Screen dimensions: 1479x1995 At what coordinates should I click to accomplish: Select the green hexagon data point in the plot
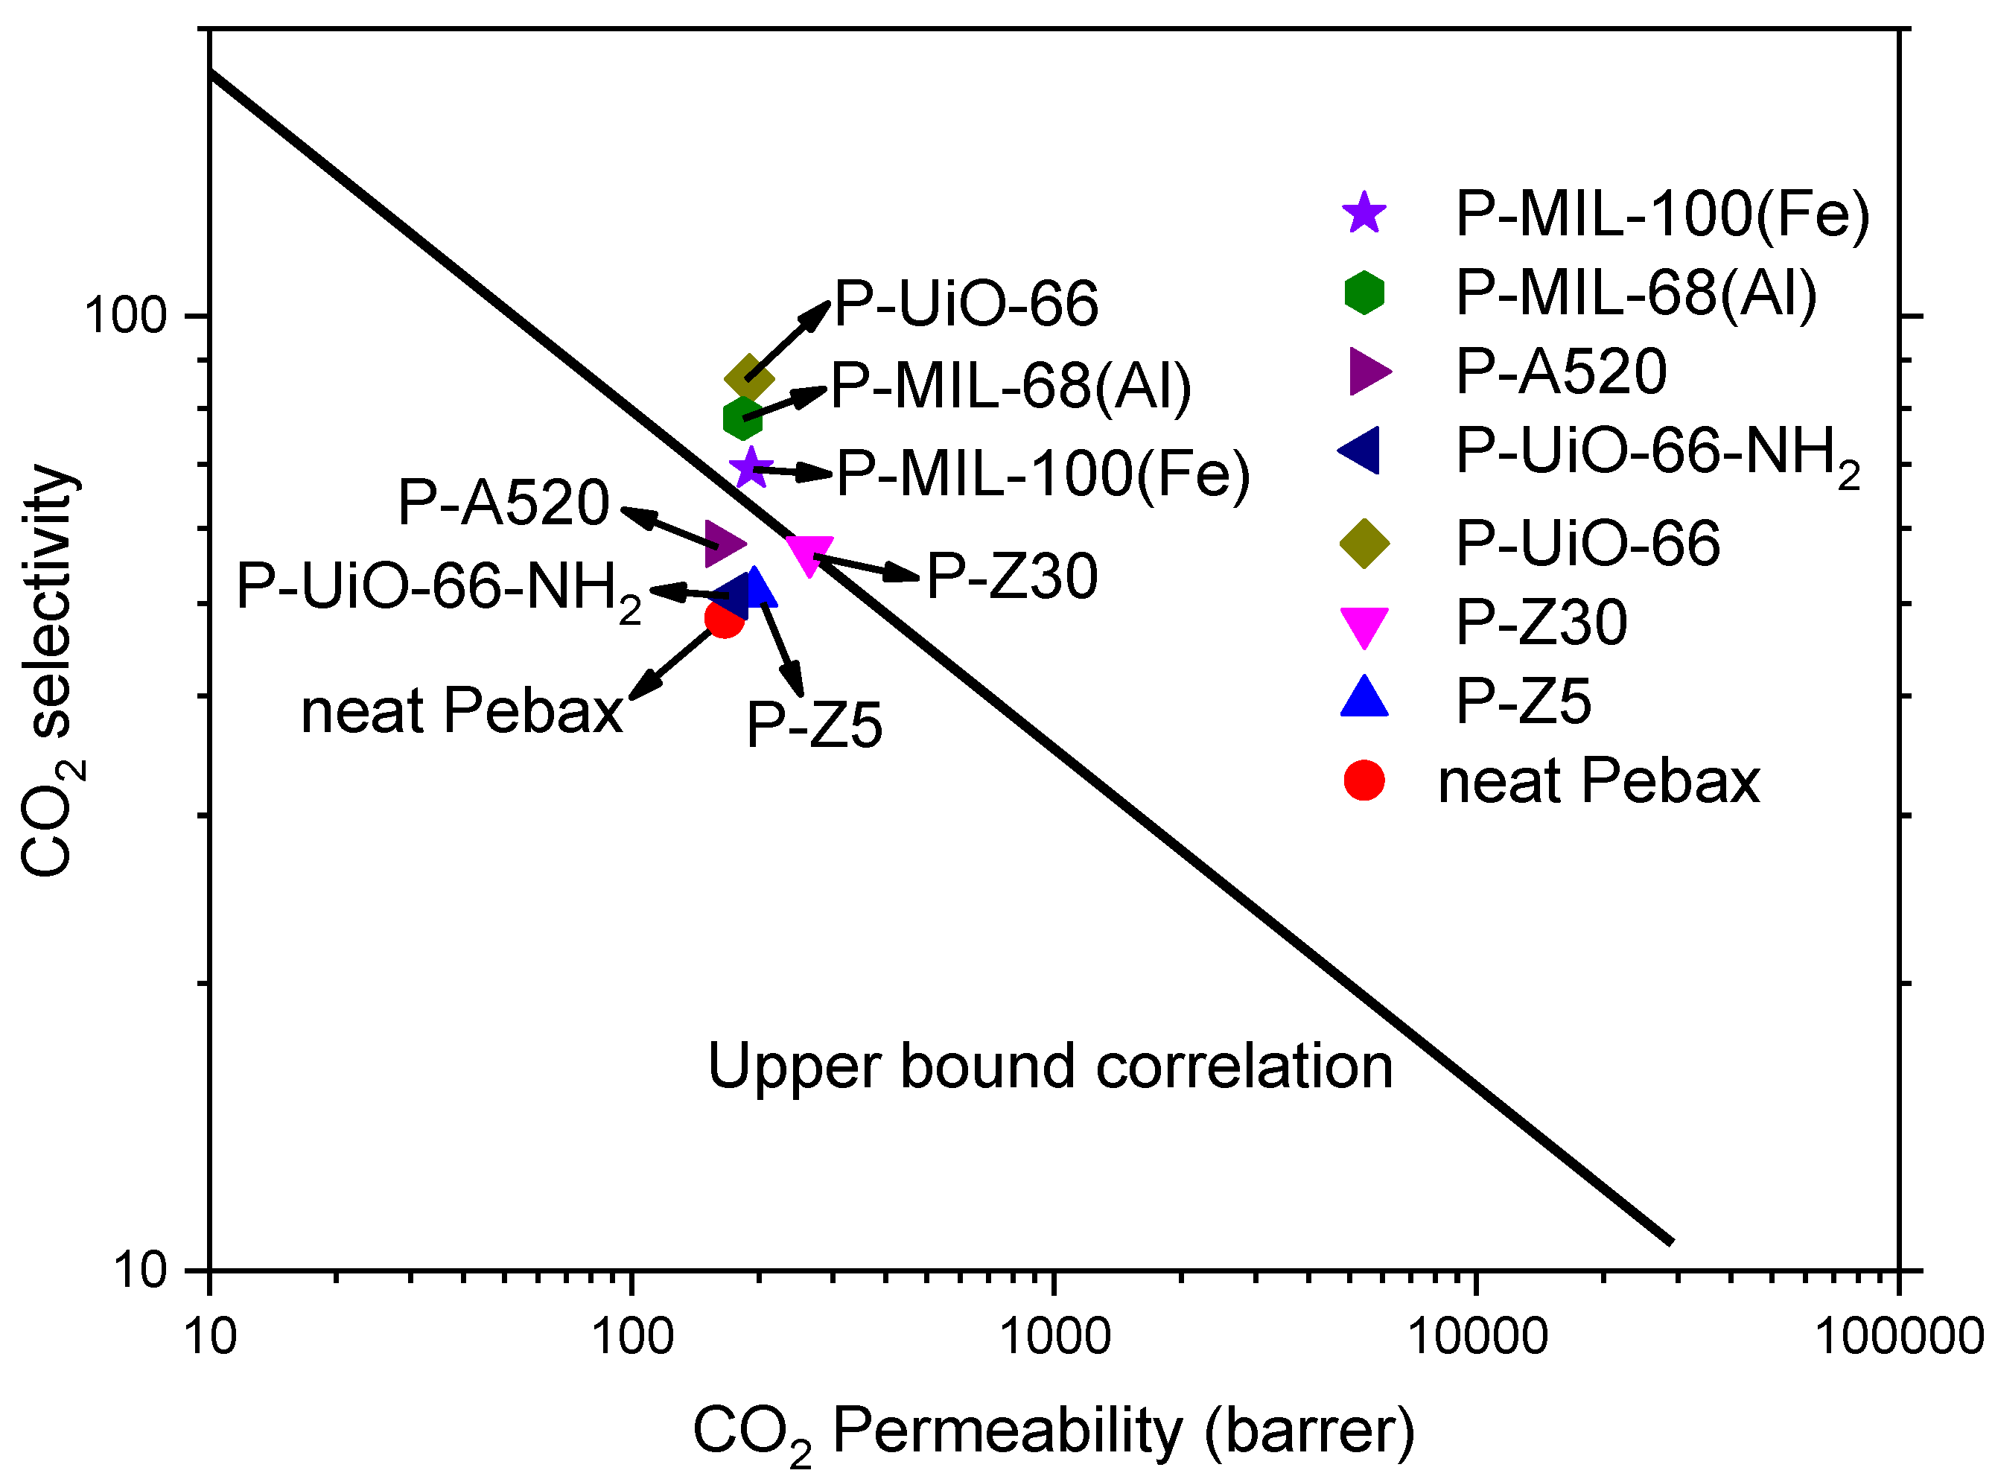point(742,417)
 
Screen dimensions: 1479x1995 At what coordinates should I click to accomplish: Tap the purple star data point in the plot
point(750,466)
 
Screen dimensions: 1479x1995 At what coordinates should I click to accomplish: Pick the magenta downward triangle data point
point(809,554)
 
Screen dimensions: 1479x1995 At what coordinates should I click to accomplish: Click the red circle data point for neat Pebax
point(724,618)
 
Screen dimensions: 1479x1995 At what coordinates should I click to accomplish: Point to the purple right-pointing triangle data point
point(723,544)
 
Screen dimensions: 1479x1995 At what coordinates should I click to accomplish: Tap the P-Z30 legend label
point(1540,623)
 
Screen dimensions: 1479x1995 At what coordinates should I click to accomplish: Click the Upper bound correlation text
point(1049,1066)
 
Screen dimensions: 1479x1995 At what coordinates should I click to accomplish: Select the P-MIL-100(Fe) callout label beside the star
point(1042,474)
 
